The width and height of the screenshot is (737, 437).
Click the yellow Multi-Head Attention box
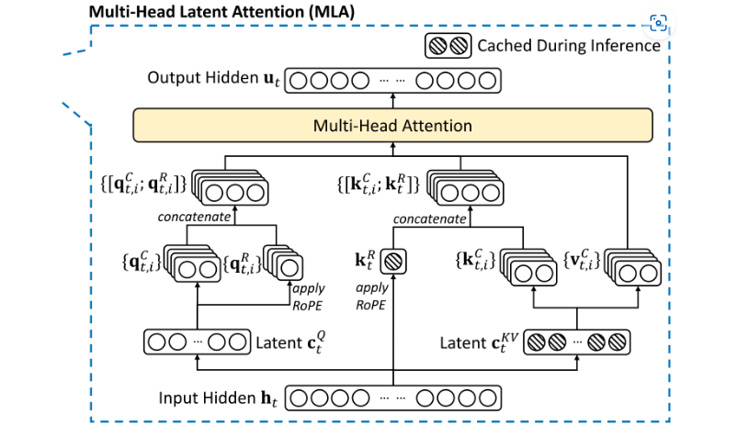point(393,125)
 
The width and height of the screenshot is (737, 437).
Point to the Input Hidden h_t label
point(218,400)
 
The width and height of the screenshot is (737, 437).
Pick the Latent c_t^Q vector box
point(197,342)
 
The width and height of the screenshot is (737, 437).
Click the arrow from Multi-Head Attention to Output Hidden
point(393,99)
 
